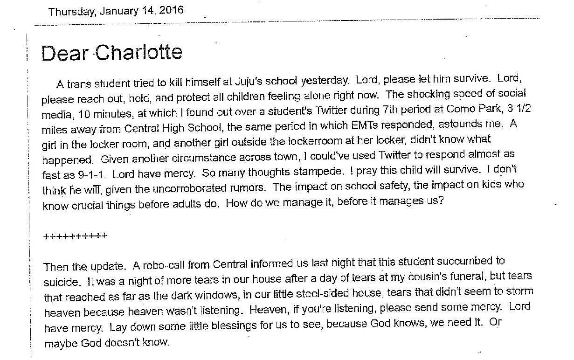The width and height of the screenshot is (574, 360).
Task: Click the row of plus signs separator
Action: [x=75, y=235]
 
